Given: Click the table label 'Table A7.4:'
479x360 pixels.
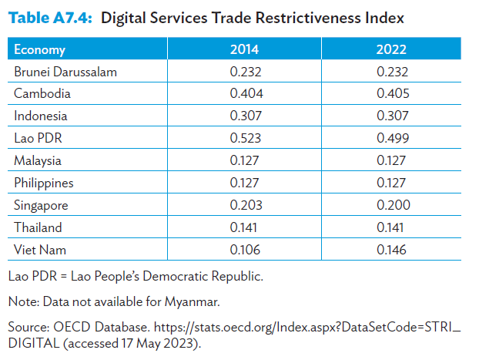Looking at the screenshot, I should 49,18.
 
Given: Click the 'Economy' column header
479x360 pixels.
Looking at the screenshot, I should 39,50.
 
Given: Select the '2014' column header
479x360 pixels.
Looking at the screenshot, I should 245,50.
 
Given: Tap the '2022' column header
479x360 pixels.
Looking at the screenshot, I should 391,50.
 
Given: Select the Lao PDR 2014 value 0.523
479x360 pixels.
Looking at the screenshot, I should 246,138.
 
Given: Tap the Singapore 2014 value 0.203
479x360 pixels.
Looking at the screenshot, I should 246,205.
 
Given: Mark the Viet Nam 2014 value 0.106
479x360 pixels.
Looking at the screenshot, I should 246,250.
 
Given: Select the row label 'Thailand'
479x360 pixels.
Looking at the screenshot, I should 38,227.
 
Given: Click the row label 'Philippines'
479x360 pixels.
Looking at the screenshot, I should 45,183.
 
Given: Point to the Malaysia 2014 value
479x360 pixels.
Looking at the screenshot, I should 246,160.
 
